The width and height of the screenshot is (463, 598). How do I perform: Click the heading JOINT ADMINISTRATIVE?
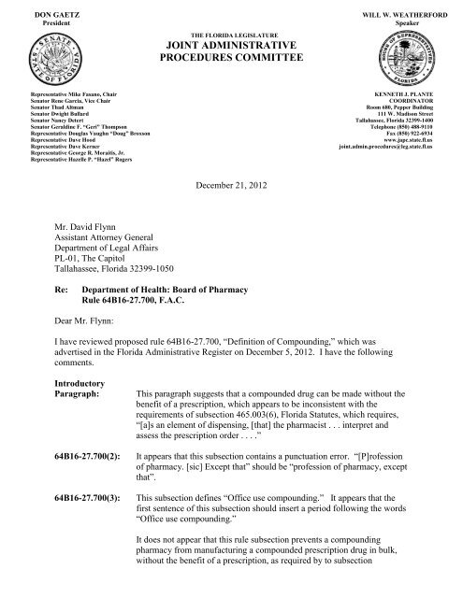click(x=230, y=45)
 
